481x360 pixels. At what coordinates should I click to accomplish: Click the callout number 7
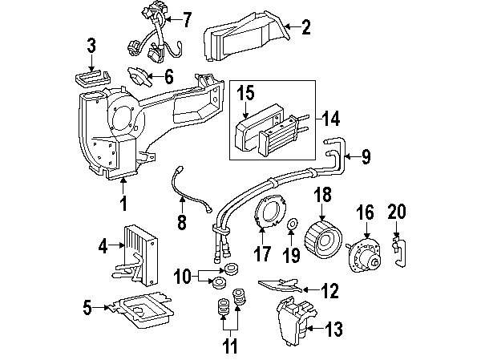pyautogui.click(x=187, y=18)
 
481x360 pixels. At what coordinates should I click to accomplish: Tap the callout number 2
pyautogui.click(x=305, y=30)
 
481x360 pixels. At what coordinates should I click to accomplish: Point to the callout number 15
pyautogui.click(x=245, y=94)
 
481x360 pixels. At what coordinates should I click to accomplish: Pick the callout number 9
pyautogui.click(x=366, y=156)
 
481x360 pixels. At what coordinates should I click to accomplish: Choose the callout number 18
pyautogui.click(x=322, y=196)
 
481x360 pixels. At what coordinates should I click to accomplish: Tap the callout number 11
pyautogui.click(x=231, y=348)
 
